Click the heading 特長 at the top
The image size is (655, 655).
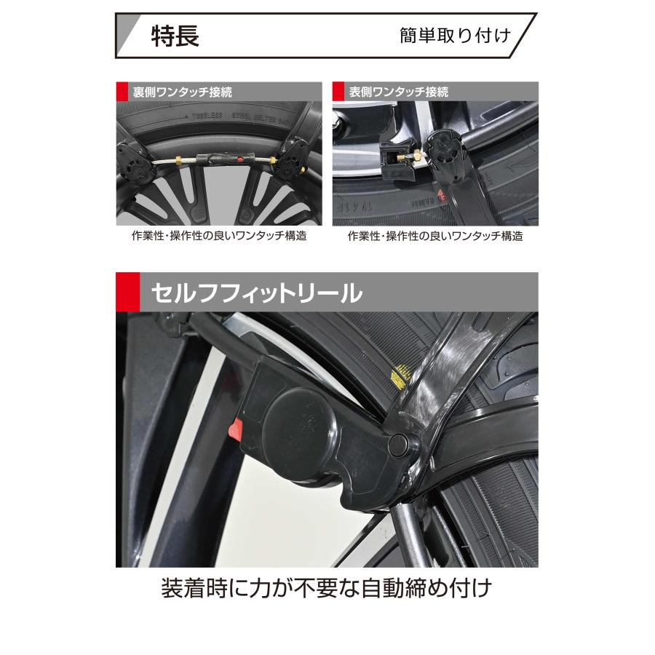tap(175, 36)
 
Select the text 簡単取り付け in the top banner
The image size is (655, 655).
tap(455, 36)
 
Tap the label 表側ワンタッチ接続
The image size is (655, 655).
tap(398, 92)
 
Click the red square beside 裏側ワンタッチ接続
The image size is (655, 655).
tap(121, 92)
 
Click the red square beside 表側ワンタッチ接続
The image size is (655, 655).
tap(338, 92)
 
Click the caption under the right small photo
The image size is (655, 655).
tap(434, 237)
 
